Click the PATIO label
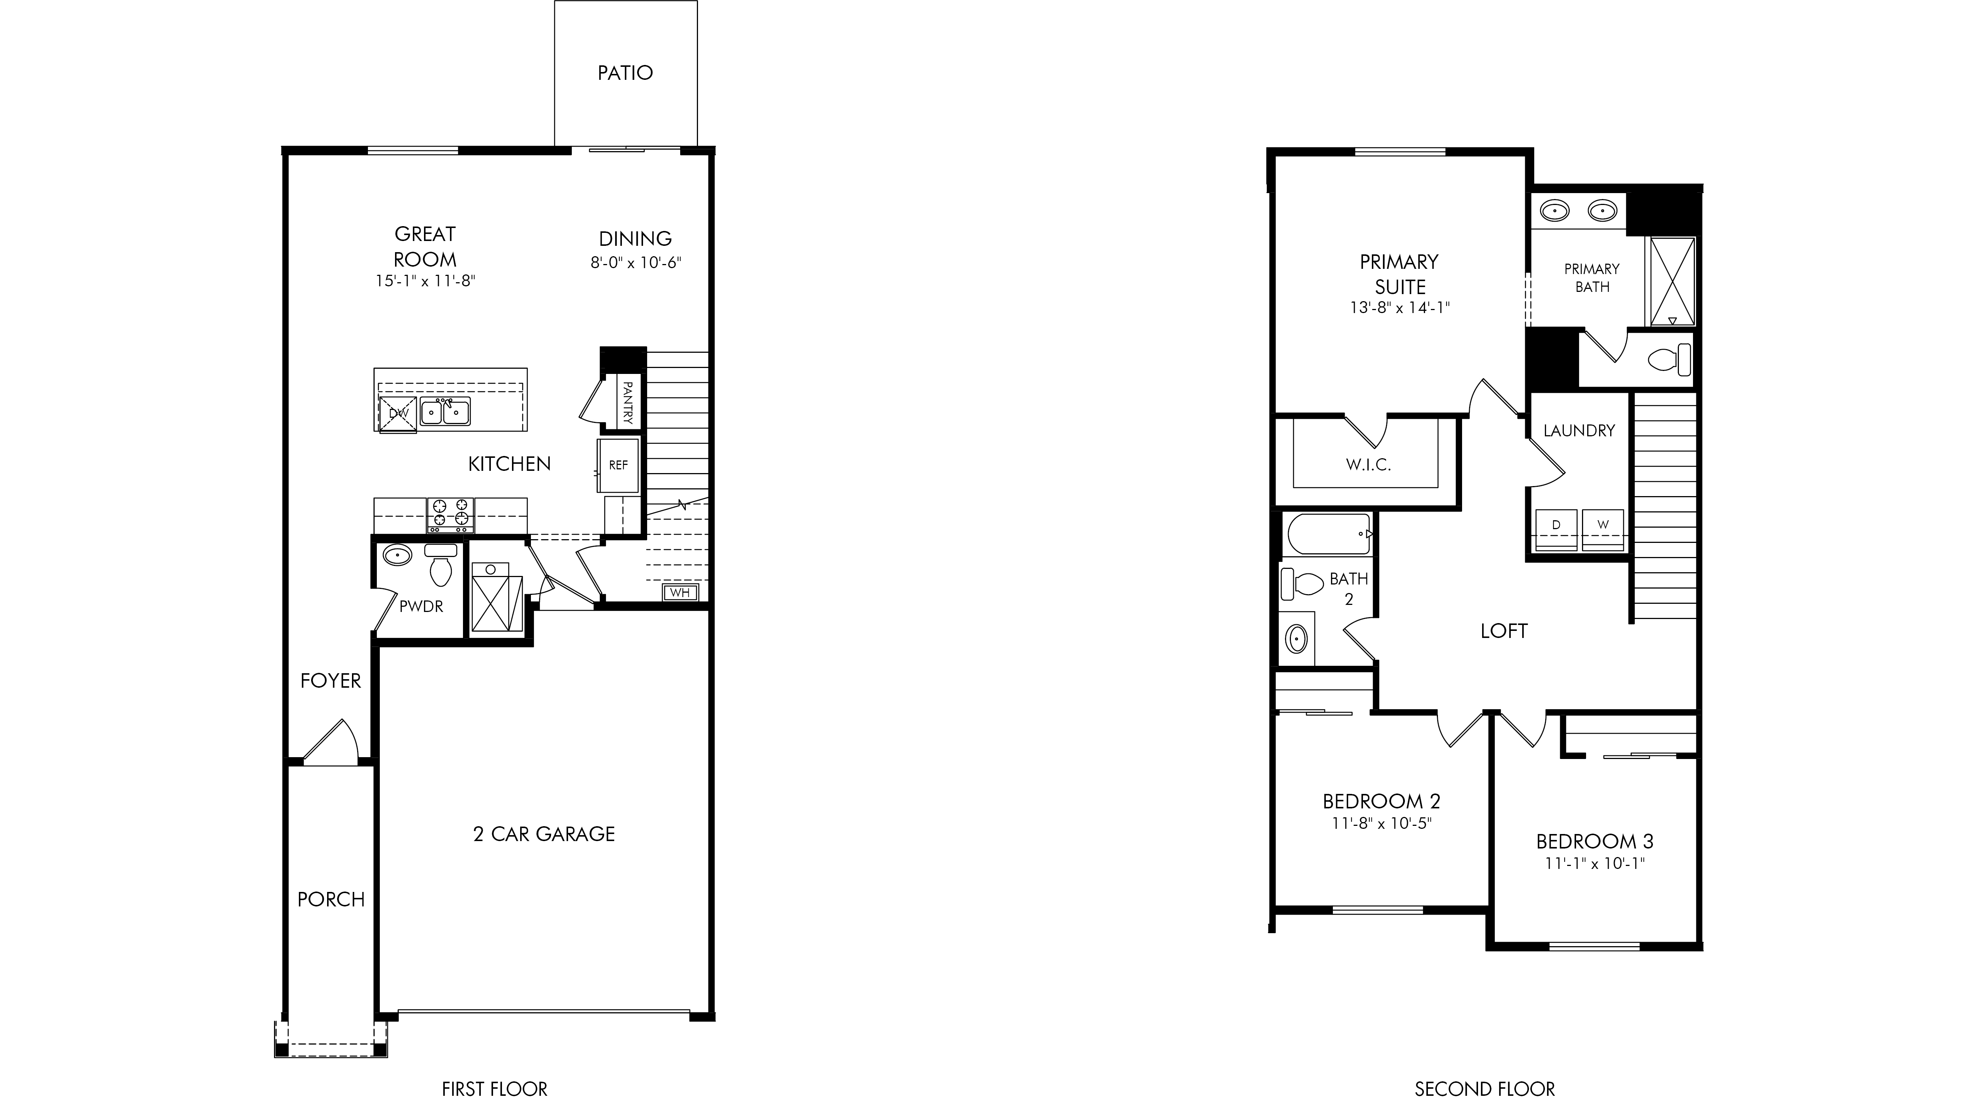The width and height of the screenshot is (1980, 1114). point(625,73)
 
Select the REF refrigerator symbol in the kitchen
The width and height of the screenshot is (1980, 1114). point(618,465)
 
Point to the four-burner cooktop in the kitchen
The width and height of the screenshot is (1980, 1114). point(450,515)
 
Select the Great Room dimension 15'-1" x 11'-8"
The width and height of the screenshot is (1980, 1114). point(425,281)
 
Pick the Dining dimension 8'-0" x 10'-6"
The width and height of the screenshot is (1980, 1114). point(636,263)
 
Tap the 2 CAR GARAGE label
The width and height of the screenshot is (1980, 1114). point(544,834)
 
